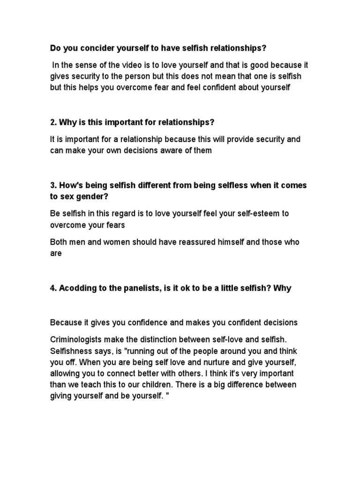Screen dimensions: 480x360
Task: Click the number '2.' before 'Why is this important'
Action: click(53, 122)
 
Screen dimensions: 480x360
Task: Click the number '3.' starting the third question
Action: click(53, 185)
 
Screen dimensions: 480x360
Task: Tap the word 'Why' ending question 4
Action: click(283, 288)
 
